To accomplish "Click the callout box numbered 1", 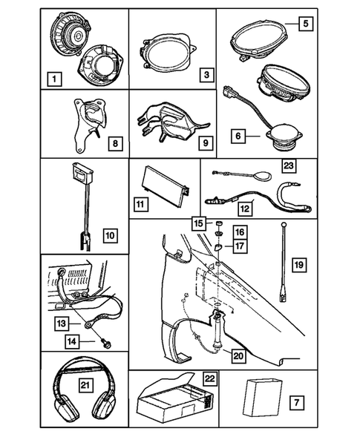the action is [54, 79].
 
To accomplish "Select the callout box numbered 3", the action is [206, 75].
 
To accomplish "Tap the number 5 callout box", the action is [306, 24].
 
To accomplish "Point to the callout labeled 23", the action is [288, 166].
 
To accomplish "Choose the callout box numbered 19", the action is [299, 264].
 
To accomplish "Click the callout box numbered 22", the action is [210, 378].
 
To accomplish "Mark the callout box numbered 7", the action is [296, 402].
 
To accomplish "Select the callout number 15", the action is [199, 223].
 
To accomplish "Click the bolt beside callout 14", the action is [107, 343].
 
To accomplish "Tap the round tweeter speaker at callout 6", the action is [285, 139].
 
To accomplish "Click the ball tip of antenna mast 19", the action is [284, 224].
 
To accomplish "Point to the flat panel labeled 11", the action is [166, 187].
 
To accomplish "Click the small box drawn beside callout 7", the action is [263, 398].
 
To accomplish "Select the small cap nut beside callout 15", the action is [219, 223].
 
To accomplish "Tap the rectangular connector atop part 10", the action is [82, 172].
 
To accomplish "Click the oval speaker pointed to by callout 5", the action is [259, 39].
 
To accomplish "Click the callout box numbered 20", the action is [238, 356].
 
